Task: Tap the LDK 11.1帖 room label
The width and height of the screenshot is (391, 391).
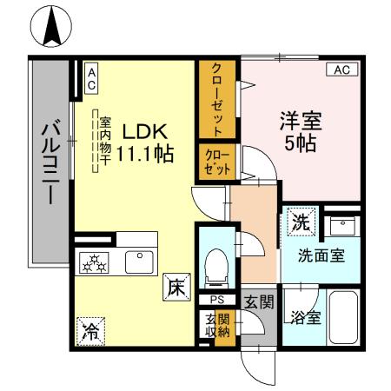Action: coord(144,143)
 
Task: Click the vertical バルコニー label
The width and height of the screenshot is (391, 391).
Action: coord(47,165)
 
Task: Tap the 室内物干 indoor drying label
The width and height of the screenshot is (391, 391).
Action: coord(104,148)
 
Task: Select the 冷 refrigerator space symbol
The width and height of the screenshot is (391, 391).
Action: coord(90,329)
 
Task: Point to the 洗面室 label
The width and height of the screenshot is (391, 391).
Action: coord(322,256)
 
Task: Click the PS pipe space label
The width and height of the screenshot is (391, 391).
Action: coord(214,300)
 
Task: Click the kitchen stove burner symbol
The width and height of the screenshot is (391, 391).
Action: coord(93,262)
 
